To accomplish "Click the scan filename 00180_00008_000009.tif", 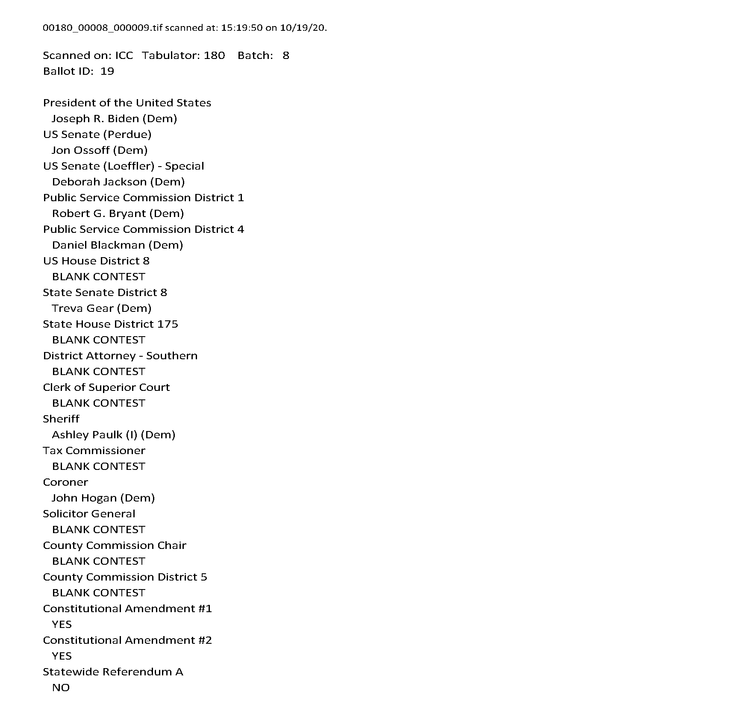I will [x=103, y=28].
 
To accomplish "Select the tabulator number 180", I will [x=214, y=56].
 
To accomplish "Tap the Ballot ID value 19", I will [x=107, y=71].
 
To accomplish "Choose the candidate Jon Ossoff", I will [x=81, y=150].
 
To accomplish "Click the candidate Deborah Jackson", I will [x=99, y=182].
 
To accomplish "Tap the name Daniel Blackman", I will [x=98, y=245].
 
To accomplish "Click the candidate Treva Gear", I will [x=82, y=308].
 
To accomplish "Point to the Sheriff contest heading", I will [x=61, y=419].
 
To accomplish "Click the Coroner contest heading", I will [x=65, y=482].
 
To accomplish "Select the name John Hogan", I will [x=84, y=498].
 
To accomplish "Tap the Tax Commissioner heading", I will [x=94, y=451].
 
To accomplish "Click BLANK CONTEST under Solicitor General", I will [x=99, y=530].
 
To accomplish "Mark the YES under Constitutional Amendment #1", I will [x=62, y=625].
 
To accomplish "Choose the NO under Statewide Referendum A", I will [x=61, y=688].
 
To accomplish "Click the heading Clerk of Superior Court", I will [x=106, y=387].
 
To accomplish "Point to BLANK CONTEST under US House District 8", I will [x=99, y=277].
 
